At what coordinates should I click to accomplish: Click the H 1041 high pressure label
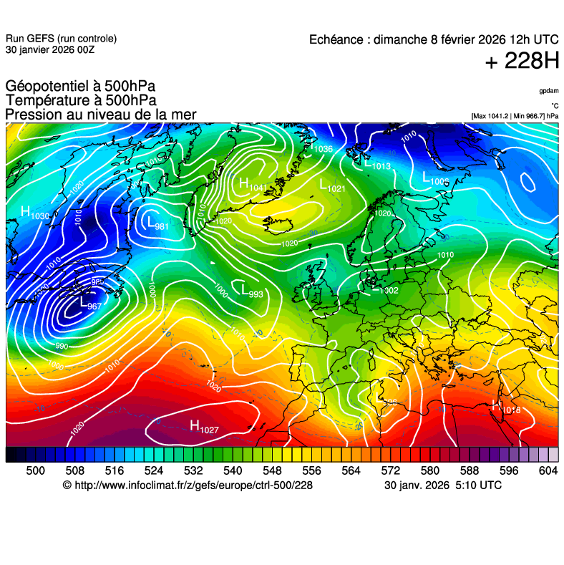pyautogui.click(x=252, y=185)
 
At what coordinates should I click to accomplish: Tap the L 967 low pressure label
pyautogui.click(x=89, y=304)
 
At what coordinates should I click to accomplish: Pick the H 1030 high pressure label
pyautogui.click(x=34, y=213)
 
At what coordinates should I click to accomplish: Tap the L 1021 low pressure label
pyautogui.click(x=332, y=187)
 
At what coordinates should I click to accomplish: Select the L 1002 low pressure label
pyautogui.click(x=384, y=289)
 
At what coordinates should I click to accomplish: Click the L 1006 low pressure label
pyautogui.click(x=435, y=179)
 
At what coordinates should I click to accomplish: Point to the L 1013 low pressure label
pyautogui.click(x=376, y=164)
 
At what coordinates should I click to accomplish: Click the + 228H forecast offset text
pyautogui.click(x=522, y=62)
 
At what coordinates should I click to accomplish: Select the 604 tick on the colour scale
pyautogui.click(x=548, y=470)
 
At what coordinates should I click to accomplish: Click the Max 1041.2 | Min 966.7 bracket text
pyautogui.click(x=515, y=115)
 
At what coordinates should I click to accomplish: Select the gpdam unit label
pyautogui.click(x=549, y=91)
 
